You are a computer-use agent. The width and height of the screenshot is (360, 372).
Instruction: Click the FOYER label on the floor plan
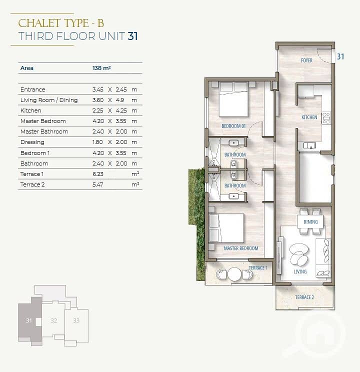coord(306,60)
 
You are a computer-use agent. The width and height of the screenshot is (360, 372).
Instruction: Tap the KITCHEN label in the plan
coord(309,117)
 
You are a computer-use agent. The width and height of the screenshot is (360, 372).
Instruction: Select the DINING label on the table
coord(310,222)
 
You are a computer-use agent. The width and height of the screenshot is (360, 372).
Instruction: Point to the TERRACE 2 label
coord(304,297)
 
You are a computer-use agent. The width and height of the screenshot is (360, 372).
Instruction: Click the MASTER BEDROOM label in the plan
coord(241,248)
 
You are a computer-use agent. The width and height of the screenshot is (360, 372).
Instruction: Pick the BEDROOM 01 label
coord(233,126)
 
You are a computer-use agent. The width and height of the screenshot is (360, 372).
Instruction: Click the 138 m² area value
coord(101,68)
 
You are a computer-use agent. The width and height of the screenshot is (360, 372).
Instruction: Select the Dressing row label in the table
coord(32,142)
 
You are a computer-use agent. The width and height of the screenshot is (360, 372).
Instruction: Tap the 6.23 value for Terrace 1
coord(98,174)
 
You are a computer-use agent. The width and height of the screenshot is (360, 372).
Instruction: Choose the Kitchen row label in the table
coord(31,110)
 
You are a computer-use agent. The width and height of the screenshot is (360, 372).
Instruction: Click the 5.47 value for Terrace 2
coord(98,184)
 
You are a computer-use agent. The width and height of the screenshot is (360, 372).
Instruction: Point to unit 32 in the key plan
coord(54,320)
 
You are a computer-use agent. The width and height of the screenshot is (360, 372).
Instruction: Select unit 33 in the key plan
coord(76,320)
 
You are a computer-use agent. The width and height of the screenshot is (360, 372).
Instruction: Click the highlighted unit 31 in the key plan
coord(28,320)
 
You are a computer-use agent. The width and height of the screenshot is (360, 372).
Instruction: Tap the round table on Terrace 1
coord(234,274)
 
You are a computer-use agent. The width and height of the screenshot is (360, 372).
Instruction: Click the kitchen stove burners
coord(326,118)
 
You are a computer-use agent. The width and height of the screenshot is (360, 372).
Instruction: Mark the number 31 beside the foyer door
coord(340,56)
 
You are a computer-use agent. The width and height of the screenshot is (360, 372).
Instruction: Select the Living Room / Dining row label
coord(49,100)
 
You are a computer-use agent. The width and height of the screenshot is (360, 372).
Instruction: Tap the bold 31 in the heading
coord(132,36)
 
